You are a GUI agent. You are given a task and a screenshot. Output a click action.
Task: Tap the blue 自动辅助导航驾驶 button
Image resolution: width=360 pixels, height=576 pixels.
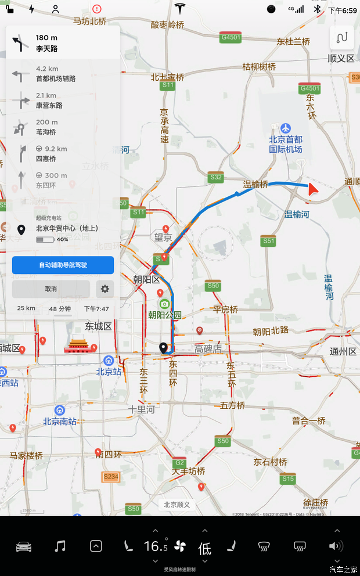point(63,265)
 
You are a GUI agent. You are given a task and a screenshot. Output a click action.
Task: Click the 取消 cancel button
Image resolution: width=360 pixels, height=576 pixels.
point(51,289)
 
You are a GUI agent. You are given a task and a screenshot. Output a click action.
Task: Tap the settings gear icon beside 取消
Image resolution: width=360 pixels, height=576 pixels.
point(105,289)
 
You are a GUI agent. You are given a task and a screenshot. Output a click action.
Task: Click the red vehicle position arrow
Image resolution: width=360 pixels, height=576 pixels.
point(314,188)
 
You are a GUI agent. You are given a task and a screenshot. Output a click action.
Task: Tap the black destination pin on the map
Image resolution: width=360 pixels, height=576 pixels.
point(164,348)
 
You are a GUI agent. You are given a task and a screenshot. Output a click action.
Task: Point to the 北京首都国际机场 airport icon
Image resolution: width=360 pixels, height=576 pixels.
point(285,128)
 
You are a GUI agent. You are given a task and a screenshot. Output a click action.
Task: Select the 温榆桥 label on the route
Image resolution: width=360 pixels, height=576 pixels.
point(255,185)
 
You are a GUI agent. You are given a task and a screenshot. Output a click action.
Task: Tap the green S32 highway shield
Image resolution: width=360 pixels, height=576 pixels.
point(216,177)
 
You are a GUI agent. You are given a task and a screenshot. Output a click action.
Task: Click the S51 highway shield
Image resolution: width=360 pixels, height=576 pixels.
point(268,240)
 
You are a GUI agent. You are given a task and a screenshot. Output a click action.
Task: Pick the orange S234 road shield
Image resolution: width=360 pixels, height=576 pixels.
point(110,477)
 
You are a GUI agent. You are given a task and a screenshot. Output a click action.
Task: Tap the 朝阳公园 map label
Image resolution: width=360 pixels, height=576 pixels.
point(165,315)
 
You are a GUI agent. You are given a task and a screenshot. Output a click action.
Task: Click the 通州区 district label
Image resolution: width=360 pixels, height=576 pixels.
point(343,351)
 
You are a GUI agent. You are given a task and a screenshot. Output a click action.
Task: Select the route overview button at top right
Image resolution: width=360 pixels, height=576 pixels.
point(342,38)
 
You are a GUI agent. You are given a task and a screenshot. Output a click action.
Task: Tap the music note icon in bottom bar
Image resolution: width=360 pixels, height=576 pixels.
point(60,546)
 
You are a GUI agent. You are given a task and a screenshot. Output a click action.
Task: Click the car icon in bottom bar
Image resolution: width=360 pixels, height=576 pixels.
point(24,546)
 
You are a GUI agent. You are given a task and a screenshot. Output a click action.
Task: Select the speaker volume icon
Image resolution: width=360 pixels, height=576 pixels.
point(336,546)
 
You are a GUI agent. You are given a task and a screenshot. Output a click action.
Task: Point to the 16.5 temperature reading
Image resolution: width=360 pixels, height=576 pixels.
point(156,546)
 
